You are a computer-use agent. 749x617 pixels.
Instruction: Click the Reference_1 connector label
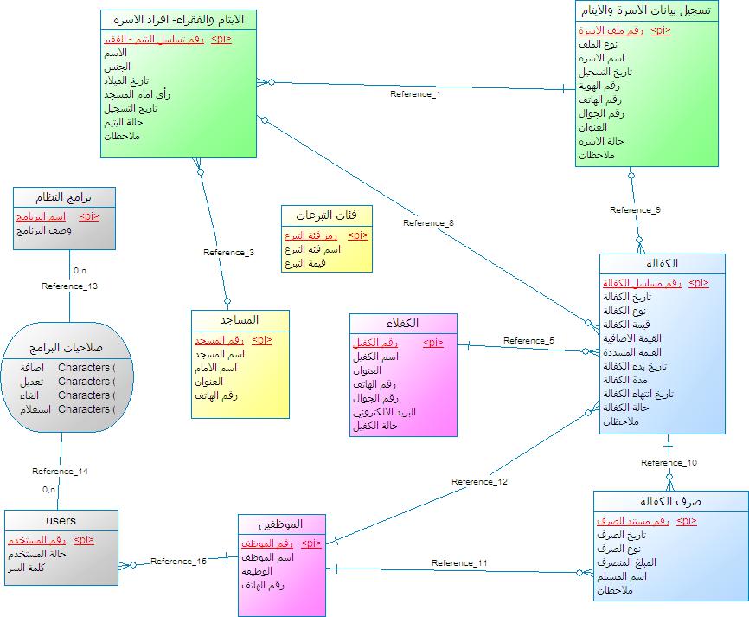click(x=415, y=93)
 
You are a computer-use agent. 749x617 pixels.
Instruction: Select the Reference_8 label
click(x=428, y=223)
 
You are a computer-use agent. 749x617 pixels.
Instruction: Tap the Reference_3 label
click(x=228, y=253)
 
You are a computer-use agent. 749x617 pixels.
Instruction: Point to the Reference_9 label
click(x=635, y=209)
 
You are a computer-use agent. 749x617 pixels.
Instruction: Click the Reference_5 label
click(x=528, y=340)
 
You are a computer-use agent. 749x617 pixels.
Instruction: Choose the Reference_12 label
click(x=479, y=482)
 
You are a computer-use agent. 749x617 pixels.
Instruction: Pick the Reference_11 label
click(x=458, y=563)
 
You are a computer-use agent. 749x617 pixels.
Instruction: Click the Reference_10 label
click(x=669, y=462)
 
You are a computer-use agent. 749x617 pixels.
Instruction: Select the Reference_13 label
click(x=70, y=286)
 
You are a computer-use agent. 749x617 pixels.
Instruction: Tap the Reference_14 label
click(x=61, y=472)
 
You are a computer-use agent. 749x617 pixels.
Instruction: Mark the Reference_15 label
click(x=178, y=562)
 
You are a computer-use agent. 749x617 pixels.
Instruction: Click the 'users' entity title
click(x=60, y=520)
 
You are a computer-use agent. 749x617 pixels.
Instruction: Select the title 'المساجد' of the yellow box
click(x=240, y=320)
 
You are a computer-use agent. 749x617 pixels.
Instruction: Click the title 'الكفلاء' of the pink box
click(x=403, y=323)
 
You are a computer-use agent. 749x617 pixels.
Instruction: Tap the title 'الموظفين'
click(x=281, y=524)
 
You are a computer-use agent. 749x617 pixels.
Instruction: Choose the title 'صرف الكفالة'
click(x=670, y=501)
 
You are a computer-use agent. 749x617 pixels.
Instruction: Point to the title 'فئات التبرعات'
click(x=327, y=215)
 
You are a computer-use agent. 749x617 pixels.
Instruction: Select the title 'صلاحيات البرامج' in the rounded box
click(x=67, y=347)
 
